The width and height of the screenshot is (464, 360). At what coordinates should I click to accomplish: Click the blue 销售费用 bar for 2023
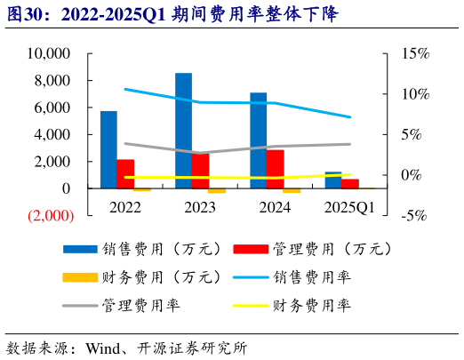tap(183, 131)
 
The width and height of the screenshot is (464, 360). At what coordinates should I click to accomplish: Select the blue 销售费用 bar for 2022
tap(108, 149)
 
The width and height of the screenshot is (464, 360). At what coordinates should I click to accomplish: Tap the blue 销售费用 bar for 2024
tap(258, 140)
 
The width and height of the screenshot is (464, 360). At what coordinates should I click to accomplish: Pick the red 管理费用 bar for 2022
tap(125, 174)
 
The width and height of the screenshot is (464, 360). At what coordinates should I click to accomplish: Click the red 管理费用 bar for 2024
tap(276, 169)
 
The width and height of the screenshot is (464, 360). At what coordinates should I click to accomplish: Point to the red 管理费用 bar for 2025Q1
tap(350, 184)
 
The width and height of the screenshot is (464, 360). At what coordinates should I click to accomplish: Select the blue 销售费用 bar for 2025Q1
tap(332, 180)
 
